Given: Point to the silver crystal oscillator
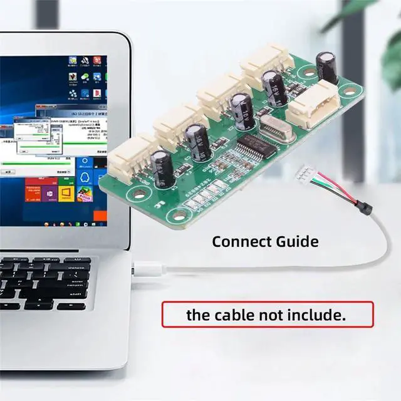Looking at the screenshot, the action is point(274,128).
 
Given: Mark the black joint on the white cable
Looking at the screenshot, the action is point(362,205).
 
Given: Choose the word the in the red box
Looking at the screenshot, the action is point(197,315).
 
